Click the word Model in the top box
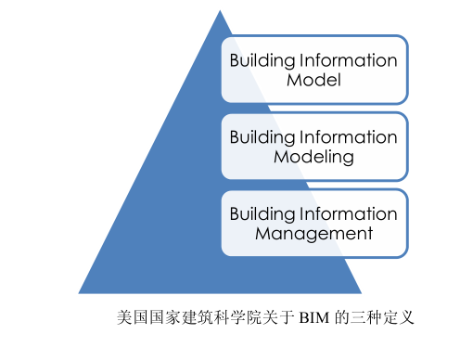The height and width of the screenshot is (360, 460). (x=314, y=81)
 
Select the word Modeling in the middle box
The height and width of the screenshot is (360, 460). (x=314, y=157)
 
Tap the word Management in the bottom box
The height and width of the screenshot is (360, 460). (x=314, y=233)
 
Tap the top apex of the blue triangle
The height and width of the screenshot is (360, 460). (x=220, y=11)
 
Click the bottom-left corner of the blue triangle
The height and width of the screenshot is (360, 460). (x=80, y=292)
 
